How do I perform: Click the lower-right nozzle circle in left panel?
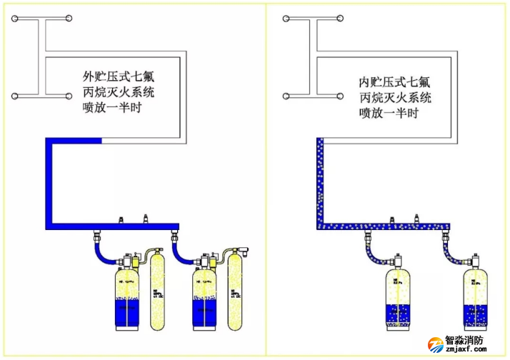tap(68, 94)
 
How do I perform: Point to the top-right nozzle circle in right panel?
tap(339, 17)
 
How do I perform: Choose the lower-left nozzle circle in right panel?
tap(288, 94)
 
